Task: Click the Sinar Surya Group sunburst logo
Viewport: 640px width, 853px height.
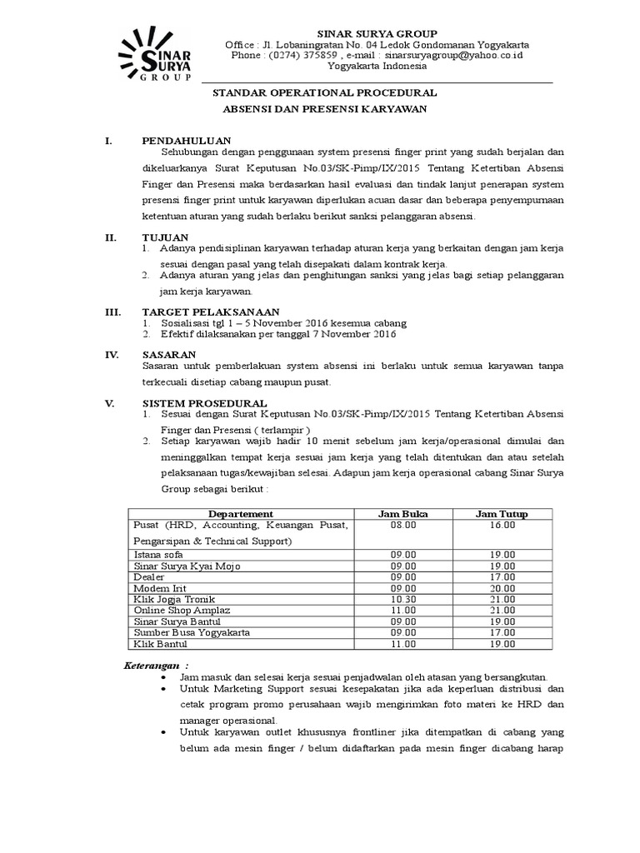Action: click(x=155, y=54)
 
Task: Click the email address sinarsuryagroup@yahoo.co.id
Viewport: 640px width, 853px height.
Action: click(x=453, y=55)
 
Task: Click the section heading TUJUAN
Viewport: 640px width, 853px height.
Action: click(x=165, y=237)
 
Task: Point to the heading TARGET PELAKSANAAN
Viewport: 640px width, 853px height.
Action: click(x=208, y=311)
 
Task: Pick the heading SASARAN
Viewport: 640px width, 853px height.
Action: click(x=169, y=354)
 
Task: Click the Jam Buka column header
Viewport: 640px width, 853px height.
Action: click(x=402, y=514)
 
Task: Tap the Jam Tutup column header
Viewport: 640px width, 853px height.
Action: click(x=502, y=514)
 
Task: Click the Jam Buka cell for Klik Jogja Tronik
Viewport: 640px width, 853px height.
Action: click(x=402, y=600)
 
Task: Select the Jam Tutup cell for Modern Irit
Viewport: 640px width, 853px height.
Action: click(x=502, y=588)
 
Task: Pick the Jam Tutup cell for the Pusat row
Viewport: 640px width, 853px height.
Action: click(x=502, y=526)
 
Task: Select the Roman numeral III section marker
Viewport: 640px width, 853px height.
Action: click(x=110, y=311)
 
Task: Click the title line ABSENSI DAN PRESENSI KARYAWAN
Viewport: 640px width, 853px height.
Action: click(x=325, y=109)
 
